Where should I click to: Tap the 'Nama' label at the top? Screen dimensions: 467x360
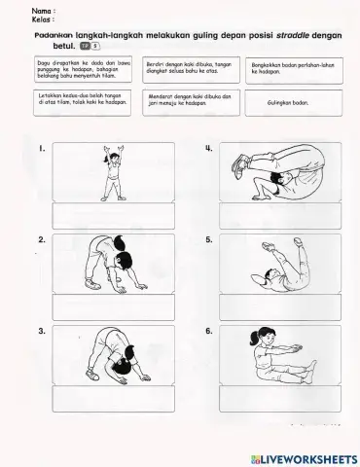[42, 10]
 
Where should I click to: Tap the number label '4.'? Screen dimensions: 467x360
[209, 149]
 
